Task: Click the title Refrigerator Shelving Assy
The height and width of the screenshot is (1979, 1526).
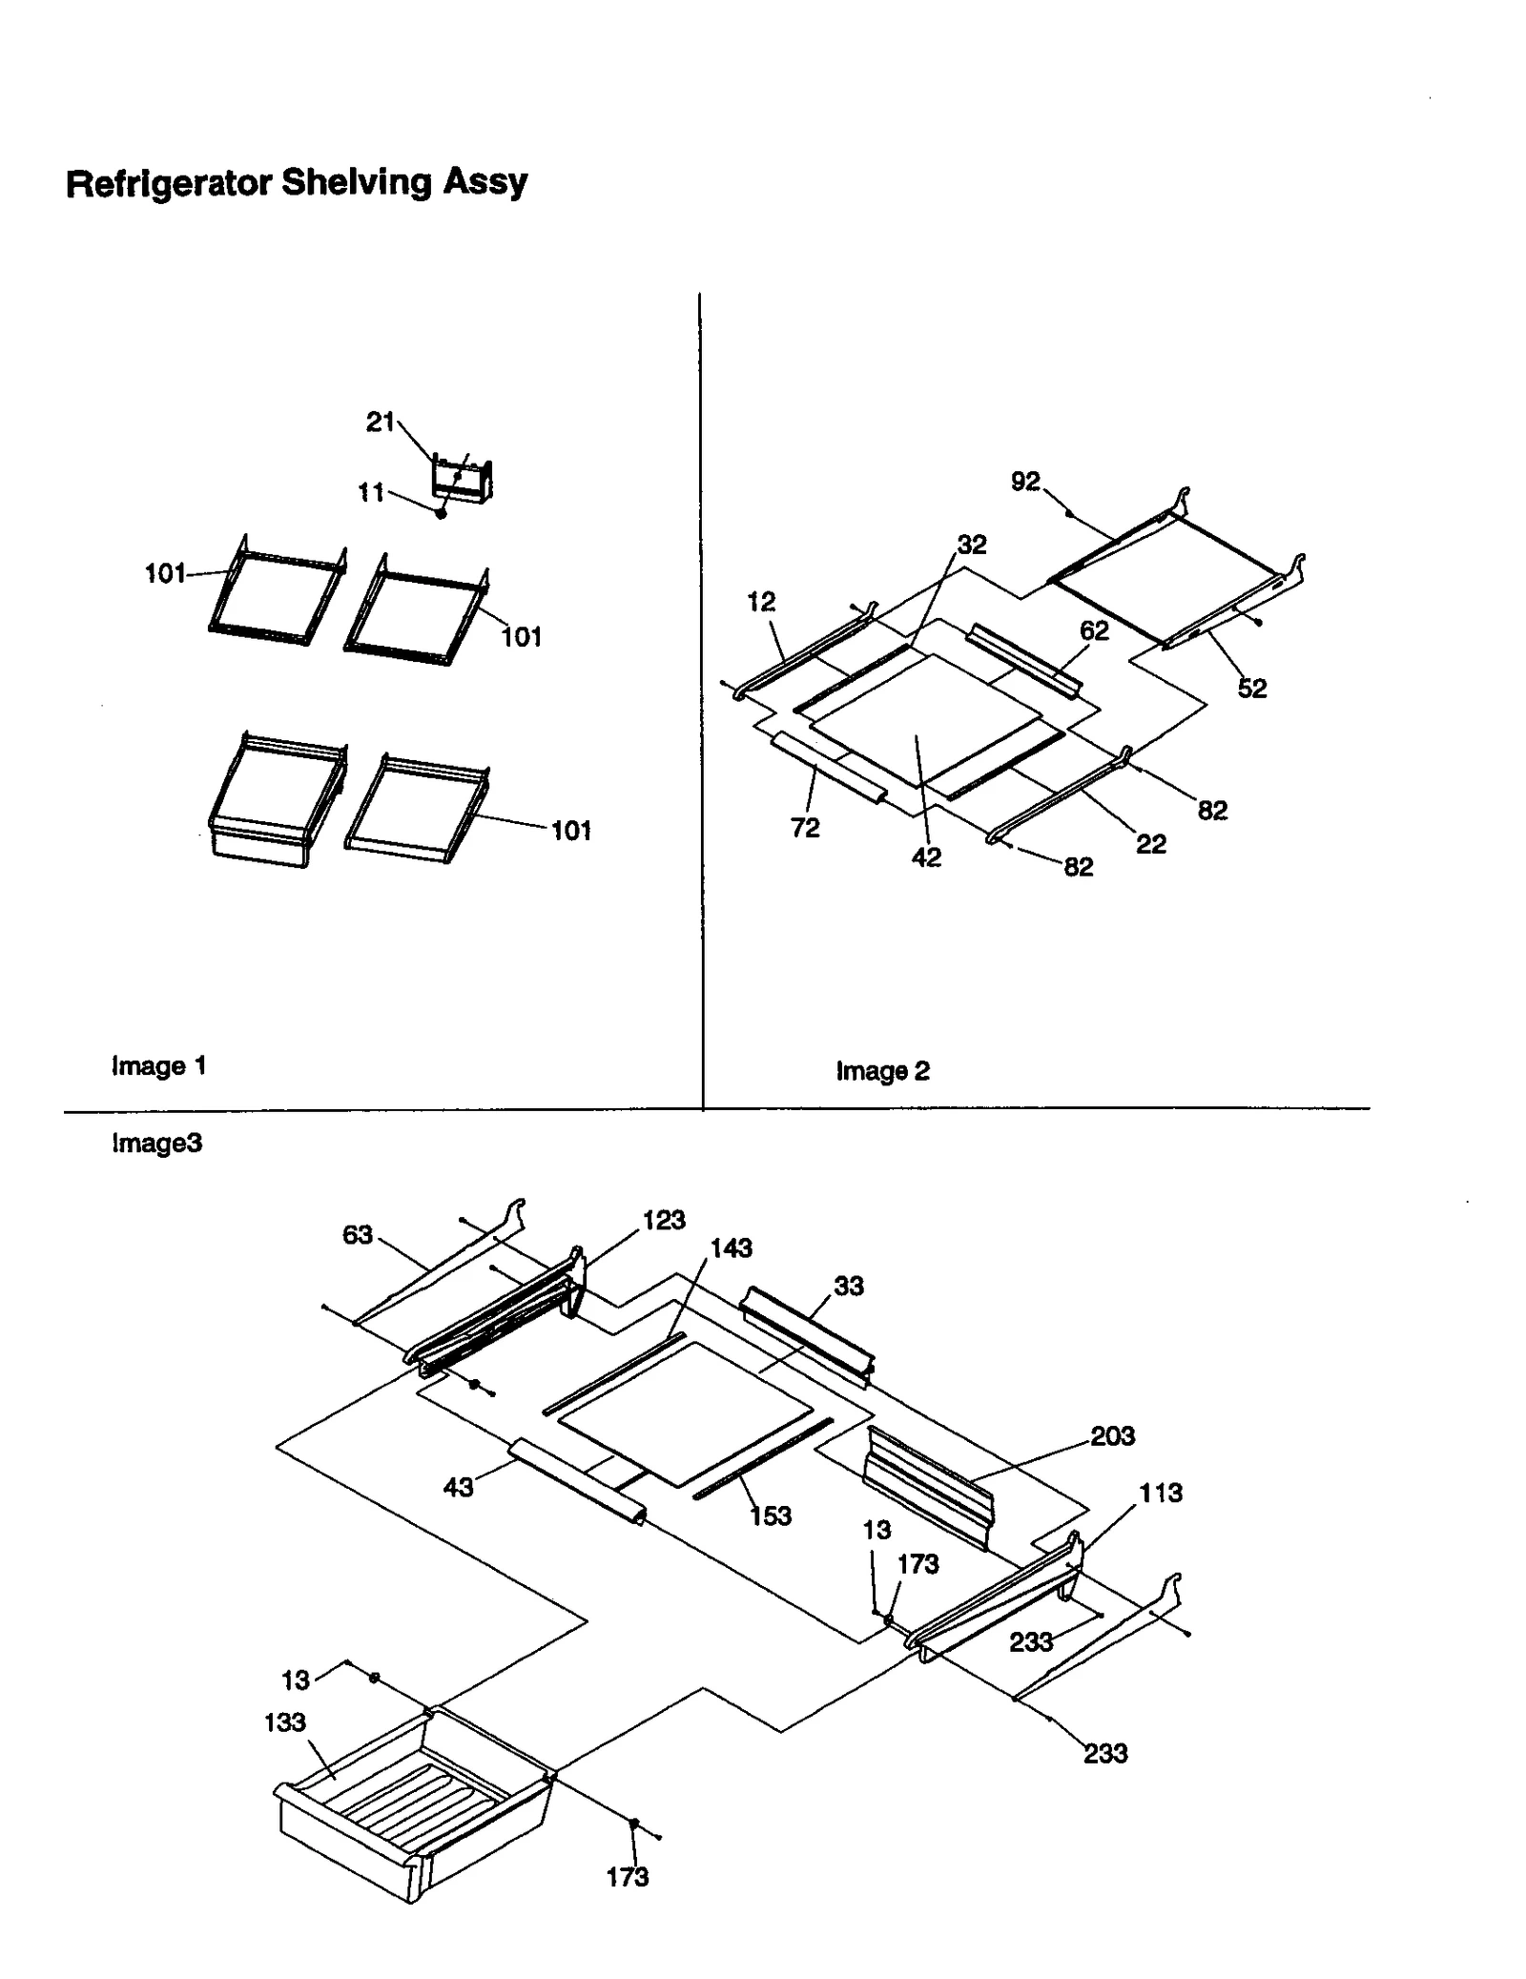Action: [x=296, y=182]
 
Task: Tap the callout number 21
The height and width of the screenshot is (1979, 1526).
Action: [x=380, y=422]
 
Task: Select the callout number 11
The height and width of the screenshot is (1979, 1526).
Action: [x=370, y=492]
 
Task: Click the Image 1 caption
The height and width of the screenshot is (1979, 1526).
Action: [x=158, y=1065]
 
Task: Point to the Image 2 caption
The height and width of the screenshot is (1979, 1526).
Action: [x=882, y=1071]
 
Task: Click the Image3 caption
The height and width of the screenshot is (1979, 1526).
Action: [x=156, y=1143]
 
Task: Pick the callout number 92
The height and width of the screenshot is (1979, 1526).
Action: [x=1025, y=482]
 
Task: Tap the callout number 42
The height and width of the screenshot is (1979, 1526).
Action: [x=926, y=857]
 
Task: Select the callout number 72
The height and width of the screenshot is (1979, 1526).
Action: [x=805, y=828]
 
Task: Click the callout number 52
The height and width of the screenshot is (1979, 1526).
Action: [x=1252, y=688]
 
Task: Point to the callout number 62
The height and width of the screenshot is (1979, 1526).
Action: [x=1094, y=630]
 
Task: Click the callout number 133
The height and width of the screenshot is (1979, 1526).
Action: [x=284, y=1721]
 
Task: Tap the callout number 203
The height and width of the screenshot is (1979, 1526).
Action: [x=1112, y=1435]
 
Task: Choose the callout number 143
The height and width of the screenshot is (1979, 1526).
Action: [x=731, y=1247]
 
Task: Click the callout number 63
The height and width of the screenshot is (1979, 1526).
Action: [x=357, y=1235]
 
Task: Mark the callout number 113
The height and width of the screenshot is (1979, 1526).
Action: [x=1160, y=1493]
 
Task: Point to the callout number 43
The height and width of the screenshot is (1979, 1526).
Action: [x=458, y=1487]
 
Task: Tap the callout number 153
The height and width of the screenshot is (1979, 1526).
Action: [x=770, y=1515]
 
